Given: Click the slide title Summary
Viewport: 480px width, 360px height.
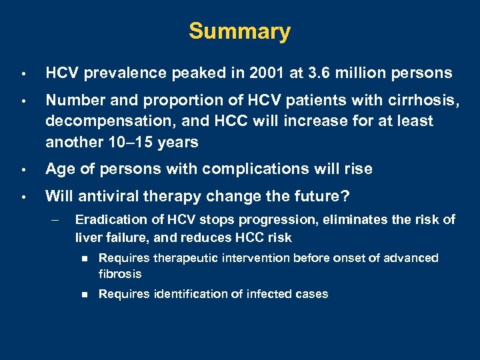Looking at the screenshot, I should pos(239,31).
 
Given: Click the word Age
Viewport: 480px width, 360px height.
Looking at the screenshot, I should pos(59,169).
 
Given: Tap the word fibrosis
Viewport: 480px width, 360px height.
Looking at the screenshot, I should pos(120,274).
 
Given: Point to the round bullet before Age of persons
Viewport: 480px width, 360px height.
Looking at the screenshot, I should pos(23,170).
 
